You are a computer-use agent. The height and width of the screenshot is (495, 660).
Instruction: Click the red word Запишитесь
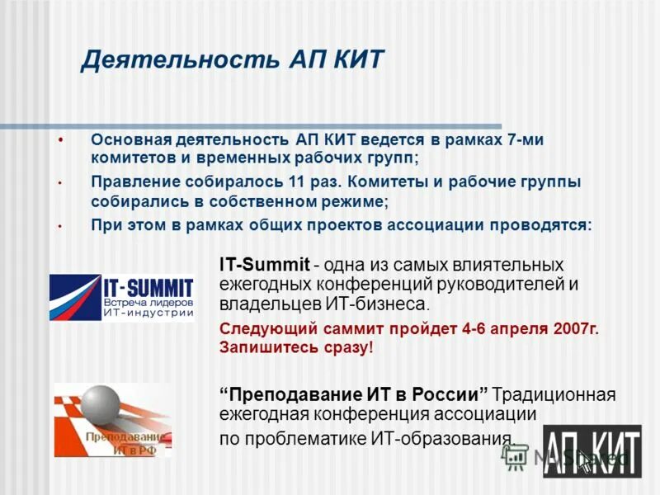click(268, 347)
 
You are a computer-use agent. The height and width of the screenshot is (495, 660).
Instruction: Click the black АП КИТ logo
click(592, 450)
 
